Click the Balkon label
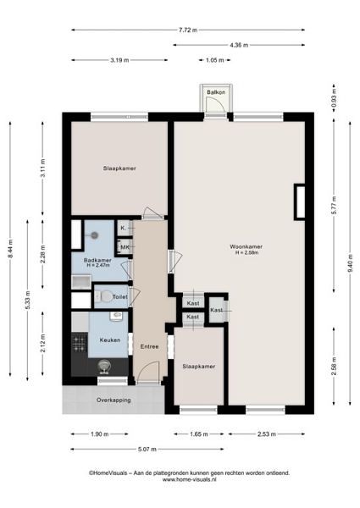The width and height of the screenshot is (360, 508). pyautogui.click(x=216, y=92)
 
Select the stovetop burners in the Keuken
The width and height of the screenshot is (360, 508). pyautogui.click(x=80, y=344)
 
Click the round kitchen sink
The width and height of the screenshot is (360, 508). pyautogui.click(x=104, y=367)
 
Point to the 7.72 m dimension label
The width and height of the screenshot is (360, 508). pyautogui.click(x=188, y=30)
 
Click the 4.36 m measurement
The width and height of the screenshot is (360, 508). pyautogui.click(x=239, y=45)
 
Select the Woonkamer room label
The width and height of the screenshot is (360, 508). pyautogui.click(x=246, y=246)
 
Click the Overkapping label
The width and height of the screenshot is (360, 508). pyautogui.click(x=114, y=400)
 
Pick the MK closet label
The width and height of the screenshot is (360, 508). pyautogui.click(x=125, y=247)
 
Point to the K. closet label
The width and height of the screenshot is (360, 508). pyautogui.click(x=123, y=228)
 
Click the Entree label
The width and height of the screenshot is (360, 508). pyautogui.click(x=149, y=346)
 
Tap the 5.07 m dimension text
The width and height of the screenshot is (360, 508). pyautogui.click(x=147, y=450)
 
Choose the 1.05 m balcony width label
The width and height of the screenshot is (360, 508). pyautogui.click(x=214, y=60)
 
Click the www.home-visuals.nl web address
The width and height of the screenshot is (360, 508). pyautogui.click(x=189, y=480)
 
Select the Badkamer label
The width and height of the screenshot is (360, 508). pyautogui.click(x=97, y=260)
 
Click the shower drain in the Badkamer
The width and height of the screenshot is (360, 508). pyautogui.click(x=94, y=235)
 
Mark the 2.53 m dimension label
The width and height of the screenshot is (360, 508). pyautogui.click(x=267, y=434)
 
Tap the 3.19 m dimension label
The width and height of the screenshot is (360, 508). pyautogui.click(x=119, y=60)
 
